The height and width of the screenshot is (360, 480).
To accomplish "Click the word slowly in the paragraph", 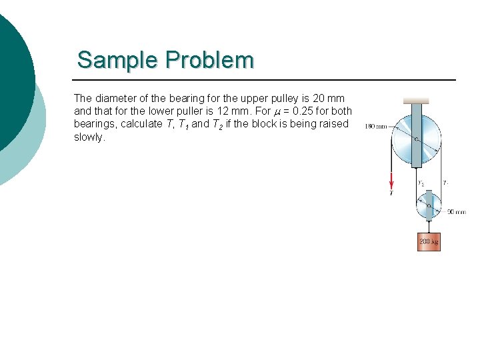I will pos(89,137).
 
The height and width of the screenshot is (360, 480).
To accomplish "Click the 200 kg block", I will pos(429,241).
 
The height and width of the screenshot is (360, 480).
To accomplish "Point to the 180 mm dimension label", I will pos(375,127).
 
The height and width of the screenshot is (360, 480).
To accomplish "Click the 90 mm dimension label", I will pos(456,212).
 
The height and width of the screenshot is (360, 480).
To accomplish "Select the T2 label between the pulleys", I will pos(421,183).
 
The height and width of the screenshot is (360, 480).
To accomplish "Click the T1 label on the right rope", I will pos(445,182).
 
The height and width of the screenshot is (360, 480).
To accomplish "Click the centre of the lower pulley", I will pos(429,205).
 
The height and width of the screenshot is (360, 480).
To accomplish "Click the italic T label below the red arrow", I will pos(391,193).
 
